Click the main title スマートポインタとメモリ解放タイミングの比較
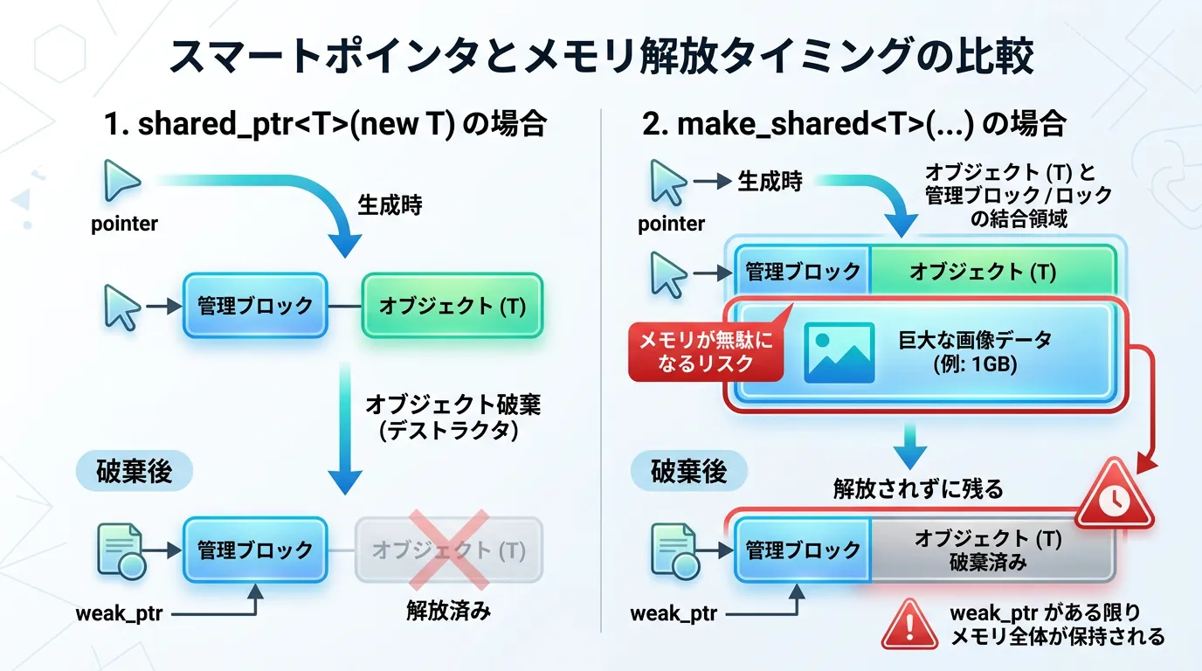(601, 57)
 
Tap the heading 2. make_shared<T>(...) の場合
(853, 124)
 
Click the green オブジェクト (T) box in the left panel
(452, 306)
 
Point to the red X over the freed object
(449, 550)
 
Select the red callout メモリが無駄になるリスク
(706, 351)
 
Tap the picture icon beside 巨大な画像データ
(839, 352)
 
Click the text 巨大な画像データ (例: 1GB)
(975, 352)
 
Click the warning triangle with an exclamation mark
(908, 623)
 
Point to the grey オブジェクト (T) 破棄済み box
(991, 550)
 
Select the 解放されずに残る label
(918, 488)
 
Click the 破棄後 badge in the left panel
(134, 472)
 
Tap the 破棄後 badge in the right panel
(689, 472)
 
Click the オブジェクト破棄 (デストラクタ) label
(452, 418)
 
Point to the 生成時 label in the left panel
(390, 205)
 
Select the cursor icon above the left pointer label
(121, 182)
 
